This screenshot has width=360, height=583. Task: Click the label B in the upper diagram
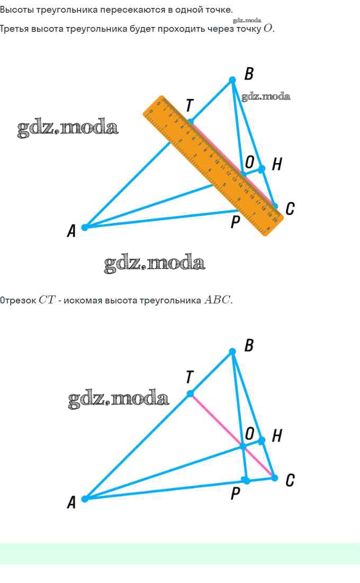pos(249,74)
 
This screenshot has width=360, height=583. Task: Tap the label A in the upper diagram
pos(71,231)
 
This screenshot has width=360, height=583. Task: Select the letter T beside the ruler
pos(189,106)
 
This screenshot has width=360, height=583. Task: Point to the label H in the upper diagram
pos(276,165)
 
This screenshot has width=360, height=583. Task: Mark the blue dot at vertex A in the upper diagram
pos(85,227)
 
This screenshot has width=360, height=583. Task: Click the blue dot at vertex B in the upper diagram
pos(232,80)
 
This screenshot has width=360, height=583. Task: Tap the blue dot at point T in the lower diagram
pos(190,393)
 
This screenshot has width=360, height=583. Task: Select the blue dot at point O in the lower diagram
pos(243,447)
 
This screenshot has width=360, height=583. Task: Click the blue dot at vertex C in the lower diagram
pos(274,478)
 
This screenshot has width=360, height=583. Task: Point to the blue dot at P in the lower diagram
pos(246,480)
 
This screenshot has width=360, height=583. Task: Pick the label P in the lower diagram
pos(236,494)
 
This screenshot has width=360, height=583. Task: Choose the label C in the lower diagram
pos(290,480)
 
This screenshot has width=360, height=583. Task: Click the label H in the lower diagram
pos(276,436)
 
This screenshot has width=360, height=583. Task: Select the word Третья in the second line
pos(15,29)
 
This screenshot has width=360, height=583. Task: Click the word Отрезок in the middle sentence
pos(18,300)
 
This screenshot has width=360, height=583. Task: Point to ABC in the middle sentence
pos(217,300)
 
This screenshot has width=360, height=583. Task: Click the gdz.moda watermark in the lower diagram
pos(119,398)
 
